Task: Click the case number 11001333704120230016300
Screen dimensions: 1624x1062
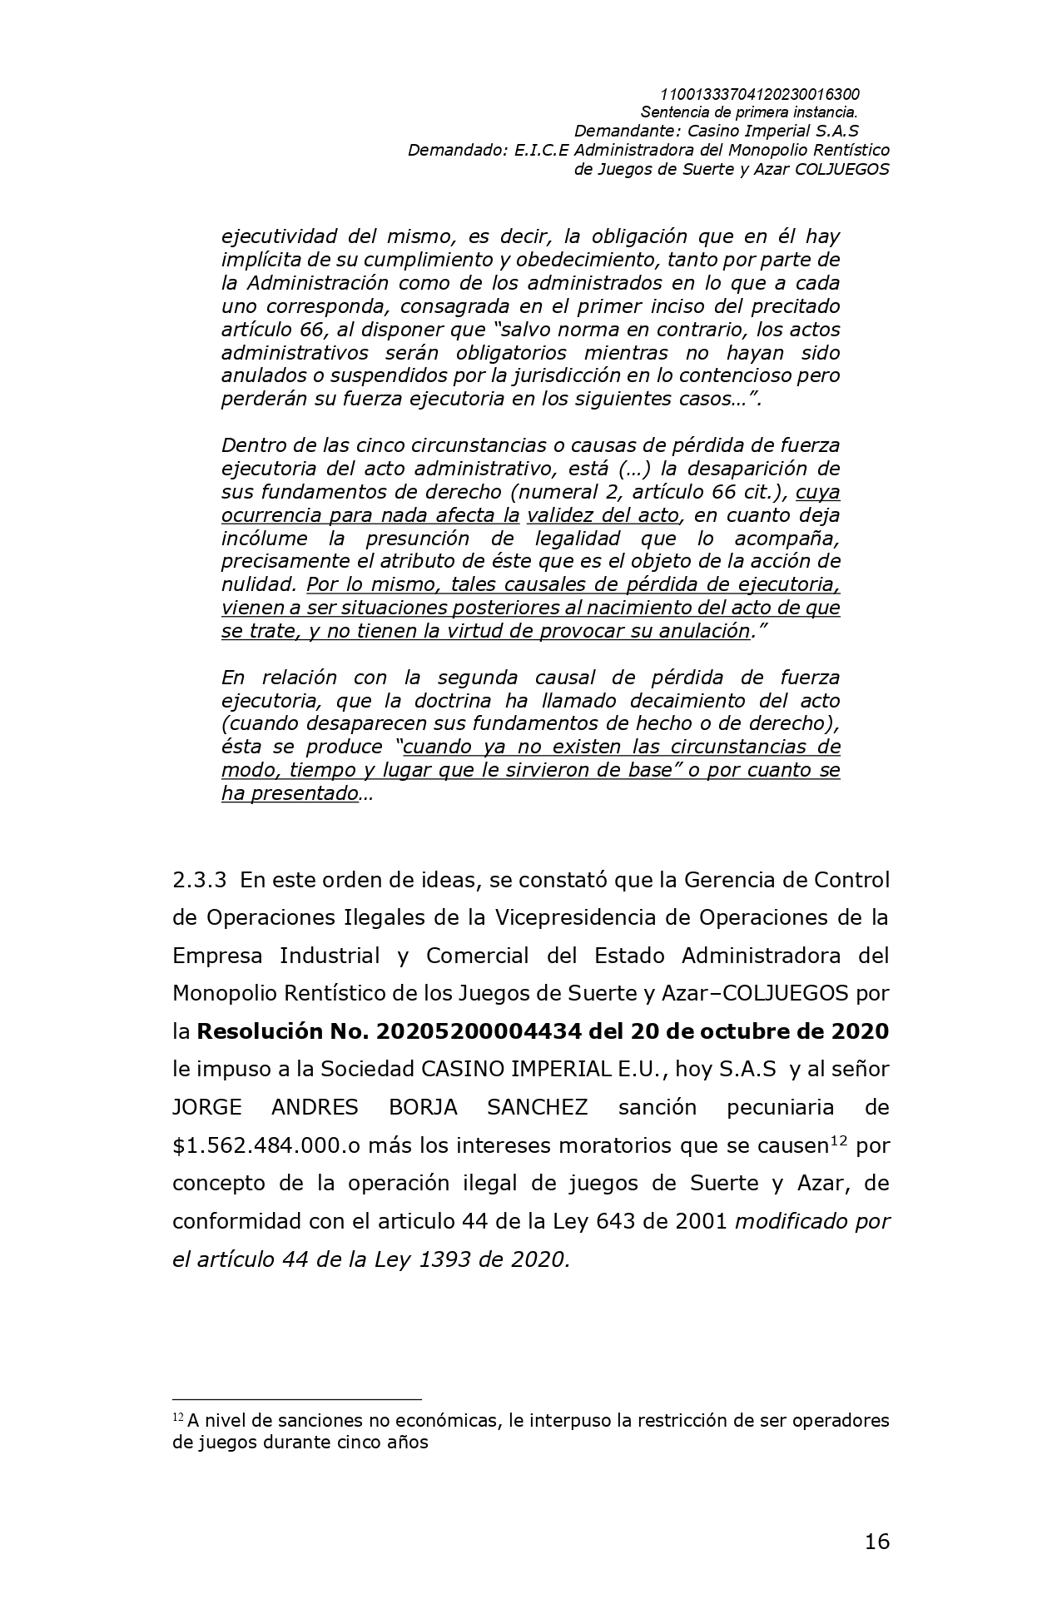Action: pos(759,94)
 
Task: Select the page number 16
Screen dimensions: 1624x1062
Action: pos(876,1542)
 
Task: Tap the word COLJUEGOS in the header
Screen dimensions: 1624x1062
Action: pos(842,169)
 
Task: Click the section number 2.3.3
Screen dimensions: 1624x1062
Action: pos(199,880)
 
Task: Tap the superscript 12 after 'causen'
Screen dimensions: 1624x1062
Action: pos(838,1140)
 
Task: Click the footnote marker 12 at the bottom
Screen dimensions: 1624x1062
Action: pos(178,1417)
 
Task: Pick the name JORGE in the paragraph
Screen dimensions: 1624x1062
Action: pos(206,1107)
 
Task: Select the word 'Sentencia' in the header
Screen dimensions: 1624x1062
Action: pos(673,112)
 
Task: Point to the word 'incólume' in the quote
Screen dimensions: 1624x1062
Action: pos(264,538)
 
